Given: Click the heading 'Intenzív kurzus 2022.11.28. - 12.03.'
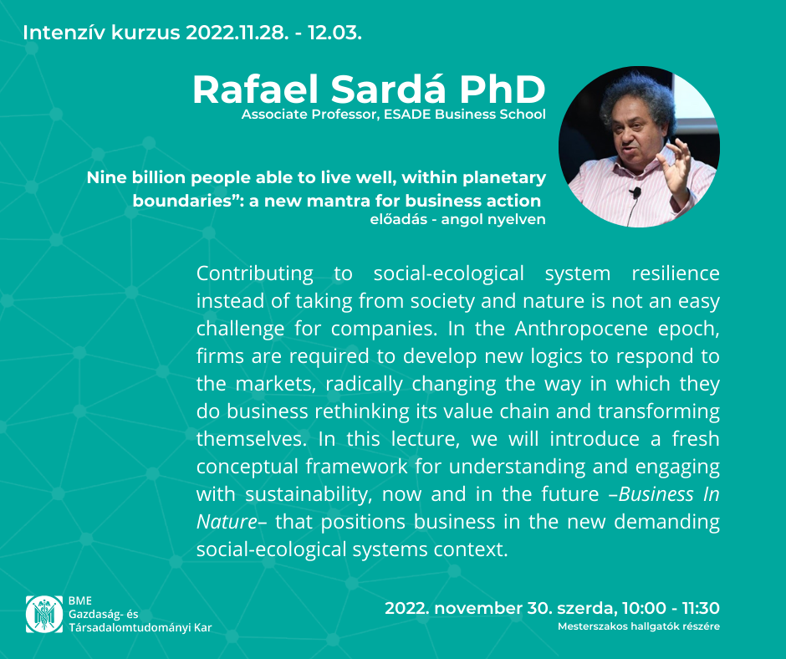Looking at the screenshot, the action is pyautogui.click(x=192, y=33).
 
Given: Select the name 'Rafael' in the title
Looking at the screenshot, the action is pyautogui.click(x=256, y=89).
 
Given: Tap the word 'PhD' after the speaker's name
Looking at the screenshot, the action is pyautogui.click(x=503, y=89).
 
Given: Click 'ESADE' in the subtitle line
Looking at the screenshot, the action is pyautogui.click(x=407, y=115).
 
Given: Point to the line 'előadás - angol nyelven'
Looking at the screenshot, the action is pyautogui.click(x=457, y=220).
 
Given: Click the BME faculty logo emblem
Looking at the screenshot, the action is pyautogui.click(x=44, y=614).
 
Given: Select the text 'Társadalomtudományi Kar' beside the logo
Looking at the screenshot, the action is pyautogui.click(x=140, y=627).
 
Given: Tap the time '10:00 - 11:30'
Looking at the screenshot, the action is pyautogui.click(x=671, y=608).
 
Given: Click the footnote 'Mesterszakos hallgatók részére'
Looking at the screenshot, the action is pyautogui.click(x=639, y=626).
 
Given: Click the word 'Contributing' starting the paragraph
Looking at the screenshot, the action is pyautogui.click(x=255, y=273).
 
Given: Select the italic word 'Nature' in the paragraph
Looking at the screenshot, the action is pyautogui.click(x=227, y=522).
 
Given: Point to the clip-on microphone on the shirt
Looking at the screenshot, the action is pyautogui.click(x=635, y=192).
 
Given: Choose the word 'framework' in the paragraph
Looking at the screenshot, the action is pyautogui.click(x=356, y=467).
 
